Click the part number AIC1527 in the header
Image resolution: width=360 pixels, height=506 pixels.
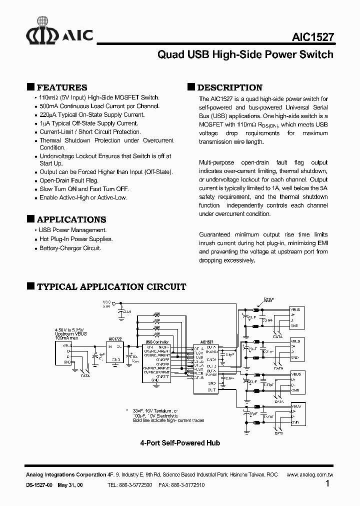pyautogui.click(x=312, y=37)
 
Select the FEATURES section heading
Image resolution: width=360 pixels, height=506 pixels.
pyautogui.click(x=62, y=87)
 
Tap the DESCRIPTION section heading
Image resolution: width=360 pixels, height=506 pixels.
pyautogui.click(x=230, y=87)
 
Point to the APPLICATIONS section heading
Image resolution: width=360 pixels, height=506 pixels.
pyautogui.click(x=71, y=219)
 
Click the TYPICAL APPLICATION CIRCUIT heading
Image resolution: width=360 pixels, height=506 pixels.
pyautogui.click(x=111, y=287)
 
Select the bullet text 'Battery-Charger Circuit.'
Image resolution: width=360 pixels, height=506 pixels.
pyautogui.click(x=70, y=248)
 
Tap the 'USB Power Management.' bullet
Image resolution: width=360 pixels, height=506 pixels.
pyautogui.click(x=73, y=230)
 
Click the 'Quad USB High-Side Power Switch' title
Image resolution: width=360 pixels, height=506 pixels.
pyautogui.click(x=245, y=54)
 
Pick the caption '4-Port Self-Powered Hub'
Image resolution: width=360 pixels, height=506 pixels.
pyautogui.click(x=180, y=443)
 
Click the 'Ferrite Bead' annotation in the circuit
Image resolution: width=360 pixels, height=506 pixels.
pyautogui.click(x=268, y=299)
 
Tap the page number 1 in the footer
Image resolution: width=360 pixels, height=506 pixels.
pyautogui.click(x=327, y=484)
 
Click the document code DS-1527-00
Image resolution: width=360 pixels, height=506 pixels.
pyautogui.click(x=39, y=485)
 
